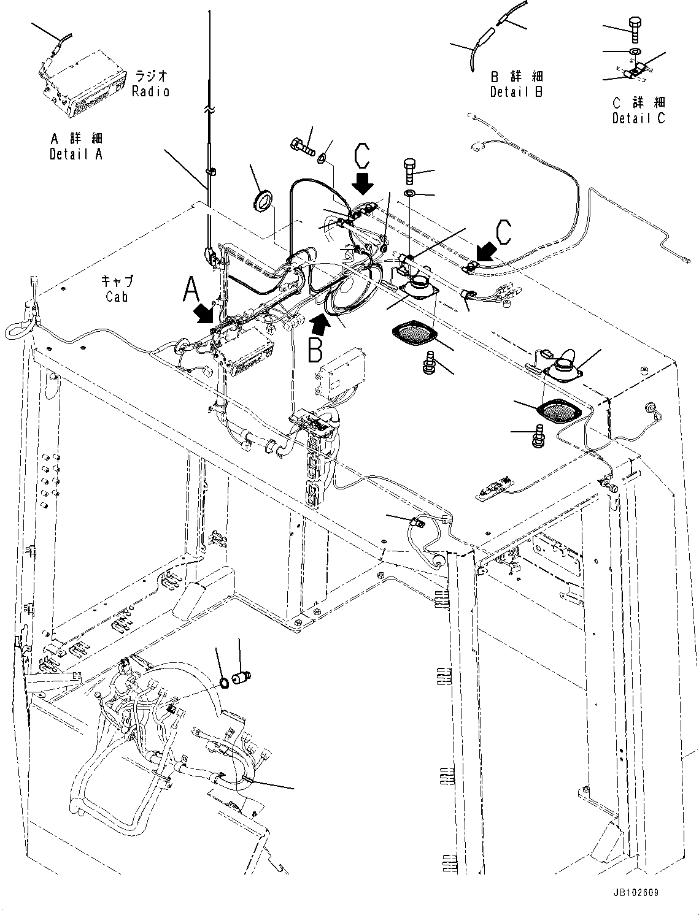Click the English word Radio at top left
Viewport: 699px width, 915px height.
pyautogui.click(x=150, y=91)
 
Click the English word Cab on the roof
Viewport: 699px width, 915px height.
pyautogui.click(x=117, y=296)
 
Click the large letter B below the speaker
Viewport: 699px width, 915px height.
pyautogui.click(x=315, y=349)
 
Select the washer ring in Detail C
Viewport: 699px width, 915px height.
pyautogui.click(x=635, y=51)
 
